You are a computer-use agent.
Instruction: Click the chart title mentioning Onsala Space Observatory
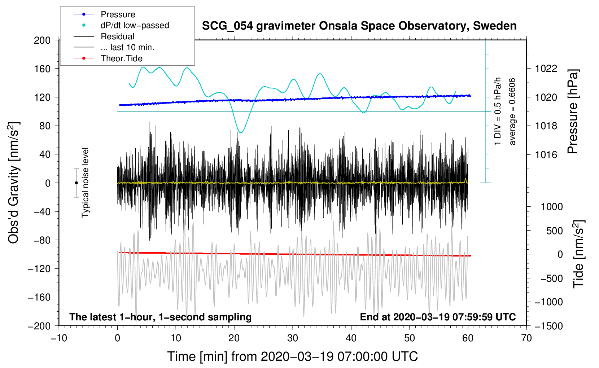(359, 26)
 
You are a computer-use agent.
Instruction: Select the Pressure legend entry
(104, 14)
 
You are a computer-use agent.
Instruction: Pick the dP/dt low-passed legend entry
(121, 25)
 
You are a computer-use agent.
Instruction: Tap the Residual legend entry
(104, 36)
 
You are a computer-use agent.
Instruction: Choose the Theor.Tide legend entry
(108, 58)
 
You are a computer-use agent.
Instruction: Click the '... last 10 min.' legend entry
(114, 47)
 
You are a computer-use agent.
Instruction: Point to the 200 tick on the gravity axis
(42, 40)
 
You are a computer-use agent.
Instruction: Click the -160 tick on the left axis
(39, 297)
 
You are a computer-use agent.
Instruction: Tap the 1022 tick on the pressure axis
(546, 69)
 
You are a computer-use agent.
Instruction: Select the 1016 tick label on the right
(546, 154)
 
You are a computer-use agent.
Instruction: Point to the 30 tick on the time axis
(293, 338)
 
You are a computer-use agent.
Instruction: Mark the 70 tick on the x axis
(526, 338)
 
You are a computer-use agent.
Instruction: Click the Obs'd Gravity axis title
(14, 183)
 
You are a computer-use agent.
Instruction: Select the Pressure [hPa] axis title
(573, 111)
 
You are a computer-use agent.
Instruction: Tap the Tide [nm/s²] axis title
(578, 254)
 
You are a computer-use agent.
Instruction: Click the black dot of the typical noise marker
(76, 183)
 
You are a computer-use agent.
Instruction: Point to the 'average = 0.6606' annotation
(512, 111)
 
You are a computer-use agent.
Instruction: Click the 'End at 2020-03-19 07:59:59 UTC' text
(438, 317)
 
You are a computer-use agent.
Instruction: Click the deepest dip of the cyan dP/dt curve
(241, 132)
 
